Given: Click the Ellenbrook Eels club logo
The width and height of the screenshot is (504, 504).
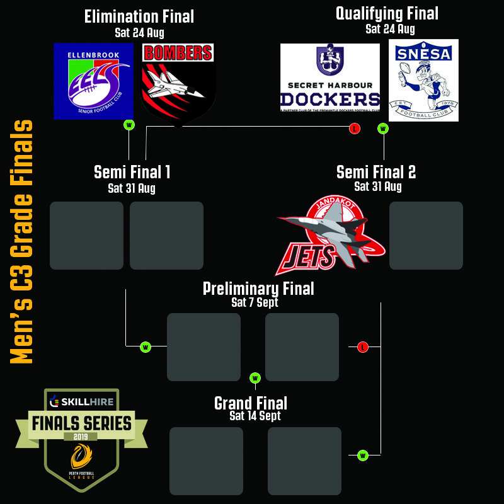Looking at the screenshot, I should [x=93, y=81].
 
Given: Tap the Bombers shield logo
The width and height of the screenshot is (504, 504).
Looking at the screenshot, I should [x=178, y=82].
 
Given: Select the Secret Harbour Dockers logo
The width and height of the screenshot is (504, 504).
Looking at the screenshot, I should [x=330, y=77].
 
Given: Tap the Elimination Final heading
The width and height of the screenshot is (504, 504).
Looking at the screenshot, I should [x=139, y=17].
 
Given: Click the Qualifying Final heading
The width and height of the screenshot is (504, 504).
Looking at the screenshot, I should [x=387, y=13].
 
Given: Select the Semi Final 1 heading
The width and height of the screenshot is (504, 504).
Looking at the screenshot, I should [x=132, y=172].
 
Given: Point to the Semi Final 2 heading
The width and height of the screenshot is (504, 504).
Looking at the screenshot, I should [x=376, y=172].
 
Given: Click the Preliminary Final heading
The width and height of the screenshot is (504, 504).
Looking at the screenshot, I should [x=258, y=289].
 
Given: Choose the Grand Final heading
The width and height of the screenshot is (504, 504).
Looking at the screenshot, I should [x=251, y=403].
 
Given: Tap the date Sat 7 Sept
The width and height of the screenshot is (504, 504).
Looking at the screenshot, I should [x=255, y=302].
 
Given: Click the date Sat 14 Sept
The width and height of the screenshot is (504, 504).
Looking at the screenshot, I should [x=255, y=416].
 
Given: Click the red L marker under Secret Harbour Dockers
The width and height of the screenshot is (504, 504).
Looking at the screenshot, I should [x=355, y=129].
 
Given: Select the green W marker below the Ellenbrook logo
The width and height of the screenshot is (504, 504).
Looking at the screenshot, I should [x=129, y=125].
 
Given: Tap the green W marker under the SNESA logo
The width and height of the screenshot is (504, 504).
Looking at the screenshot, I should [x=383, y=129].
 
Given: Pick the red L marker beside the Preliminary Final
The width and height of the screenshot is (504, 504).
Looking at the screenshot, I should [x=363, y=347].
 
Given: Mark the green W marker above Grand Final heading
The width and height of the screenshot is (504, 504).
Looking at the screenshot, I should [x=255, y=378].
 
